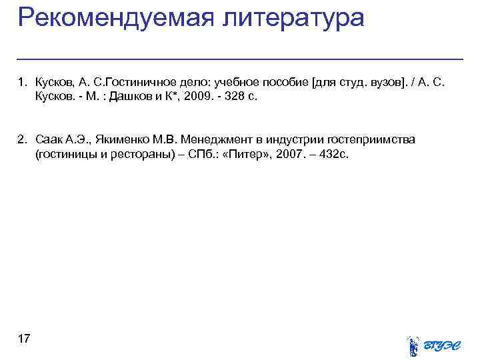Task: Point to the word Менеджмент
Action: click(x=219, y=139)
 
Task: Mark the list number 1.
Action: click(x=22, y=82)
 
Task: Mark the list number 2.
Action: click(x=22, y=139)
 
